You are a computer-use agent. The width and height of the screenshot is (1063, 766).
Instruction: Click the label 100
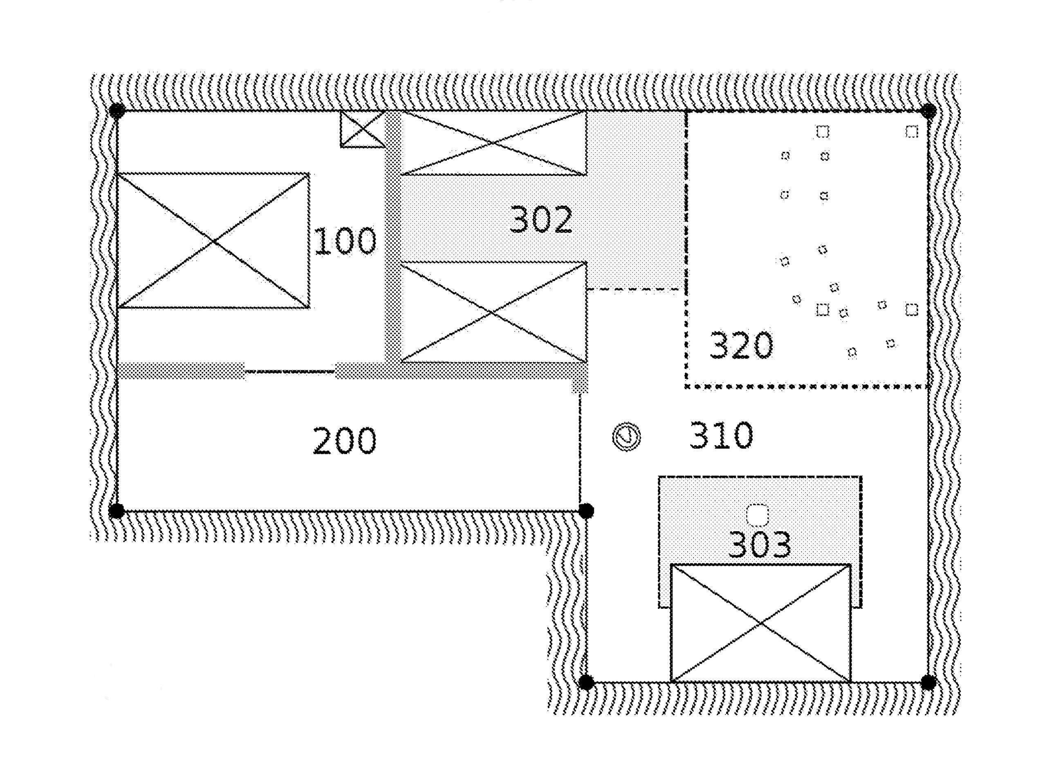pos(345,241)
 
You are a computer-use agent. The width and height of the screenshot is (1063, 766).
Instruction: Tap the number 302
pos(541,219)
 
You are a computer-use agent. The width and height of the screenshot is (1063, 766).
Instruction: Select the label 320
pos(741,345)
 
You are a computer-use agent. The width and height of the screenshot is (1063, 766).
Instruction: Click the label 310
pos(721,435)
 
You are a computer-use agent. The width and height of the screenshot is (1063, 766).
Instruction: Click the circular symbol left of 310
pos(627,437)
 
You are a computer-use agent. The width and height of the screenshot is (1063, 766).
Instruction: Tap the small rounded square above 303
pos(758,515)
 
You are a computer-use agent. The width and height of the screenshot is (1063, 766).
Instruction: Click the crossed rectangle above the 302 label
pos(493,143)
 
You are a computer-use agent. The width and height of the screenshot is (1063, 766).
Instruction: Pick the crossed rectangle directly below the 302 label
pos(493,312)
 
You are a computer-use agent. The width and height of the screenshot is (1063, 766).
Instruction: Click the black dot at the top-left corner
pos(117,111)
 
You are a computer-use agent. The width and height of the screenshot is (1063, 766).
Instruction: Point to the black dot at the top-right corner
pos(928,112)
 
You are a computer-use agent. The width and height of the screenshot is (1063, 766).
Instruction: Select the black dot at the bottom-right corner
pos(928,683)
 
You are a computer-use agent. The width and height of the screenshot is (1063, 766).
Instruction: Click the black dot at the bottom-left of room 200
pos(117,511)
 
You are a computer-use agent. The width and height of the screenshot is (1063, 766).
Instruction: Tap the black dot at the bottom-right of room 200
pos(586,511)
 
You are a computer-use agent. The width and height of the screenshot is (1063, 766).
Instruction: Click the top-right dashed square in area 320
pos(911,132)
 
